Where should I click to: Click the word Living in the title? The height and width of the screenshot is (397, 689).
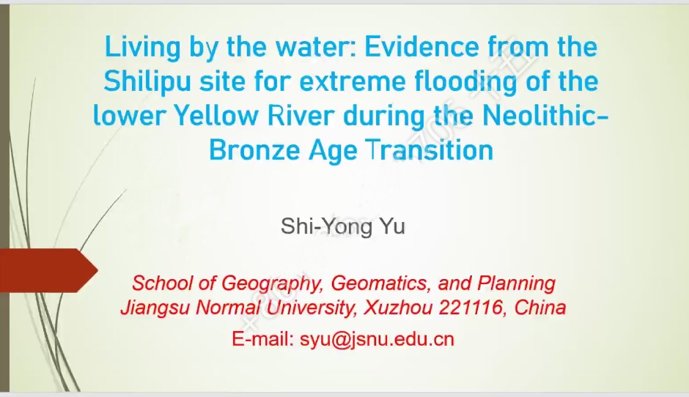(143, 48)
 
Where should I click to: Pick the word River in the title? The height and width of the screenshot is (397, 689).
(301, 116)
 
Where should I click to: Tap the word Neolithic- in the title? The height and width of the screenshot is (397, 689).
(545, 116)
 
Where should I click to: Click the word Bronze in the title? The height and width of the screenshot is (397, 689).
(255, 150)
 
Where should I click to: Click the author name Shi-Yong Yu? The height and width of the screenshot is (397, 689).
(343, 226)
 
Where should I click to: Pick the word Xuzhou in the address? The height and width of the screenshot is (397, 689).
(398, 308)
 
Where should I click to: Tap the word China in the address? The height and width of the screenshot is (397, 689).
(540, 308)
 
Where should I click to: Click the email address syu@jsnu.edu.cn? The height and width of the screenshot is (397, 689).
(377, 339)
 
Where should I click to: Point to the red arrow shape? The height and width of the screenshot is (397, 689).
(48, 270)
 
